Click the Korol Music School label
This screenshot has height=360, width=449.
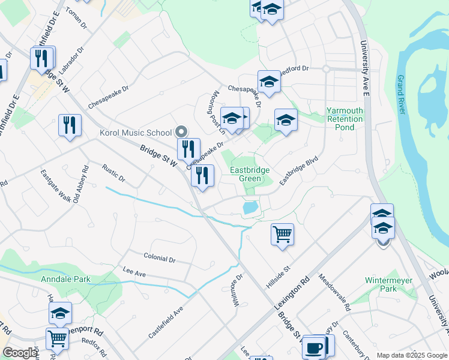coord(135,133)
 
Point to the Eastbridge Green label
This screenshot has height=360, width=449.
coord(250,174)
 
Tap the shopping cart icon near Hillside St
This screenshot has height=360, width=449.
coord(282,234)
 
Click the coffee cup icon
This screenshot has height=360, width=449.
coord(314,347)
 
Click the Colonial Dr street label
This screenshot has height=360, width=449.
coord(159,258)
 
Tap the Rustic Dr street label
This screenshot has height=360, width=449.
coord(113,173)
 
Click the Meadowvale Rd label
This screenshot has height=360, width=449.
coord(334,292)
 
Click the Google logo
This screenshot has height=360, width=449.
coord(20,353)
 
